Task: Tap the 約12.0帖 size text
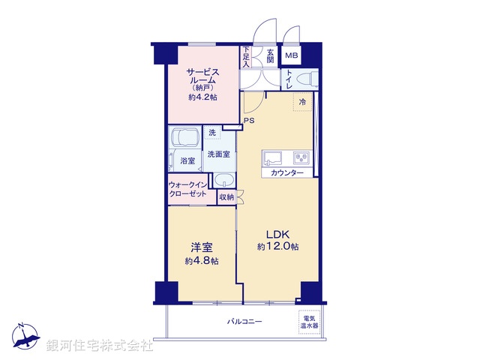[278, 246]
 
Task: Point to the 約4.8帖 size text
[202, 260]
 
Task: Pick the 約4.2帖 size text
[202, 97]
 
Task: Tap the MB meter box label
[291, 55]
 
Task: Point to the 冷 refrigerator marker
[302, 101]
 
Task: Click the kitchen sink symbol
[271, 157]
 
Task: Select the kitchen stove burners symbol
[301, 157]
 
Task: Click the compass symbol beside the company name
[25, 337]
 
